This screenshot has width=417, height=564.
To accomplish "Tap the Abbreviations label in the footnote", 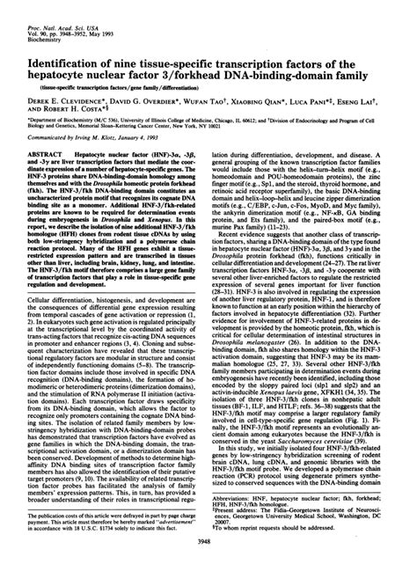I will (x=246, y=495).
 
